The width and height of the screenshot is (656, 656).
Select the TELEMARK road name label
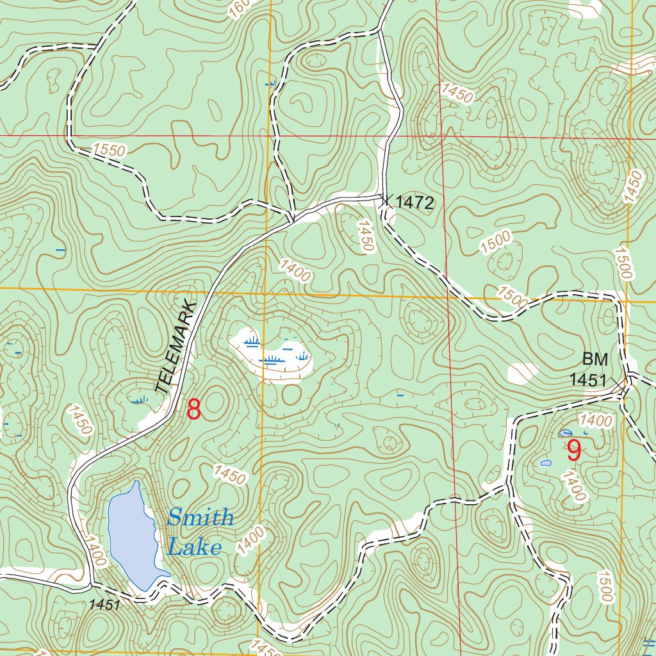174,346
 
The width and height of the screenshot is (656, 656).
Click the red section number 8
193,409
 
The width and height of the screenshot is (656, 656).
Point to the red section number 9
573,452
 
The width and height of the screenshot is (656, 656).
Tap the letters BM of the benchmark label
594,359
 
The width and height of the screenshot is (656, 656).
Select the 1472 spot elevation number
415,204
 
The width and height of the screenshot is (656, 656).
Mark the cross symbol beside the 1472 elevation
384,199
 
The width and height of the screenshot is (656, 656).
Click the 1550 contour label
110,151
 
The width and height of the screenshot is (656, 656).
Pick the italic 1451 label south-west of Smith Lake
105,604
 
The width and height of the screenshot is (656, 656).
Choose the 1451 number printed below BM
588,380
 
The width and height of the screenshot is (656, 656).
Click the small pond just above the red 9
566,433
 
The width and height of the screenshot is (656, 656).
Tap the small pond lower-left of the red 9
546,463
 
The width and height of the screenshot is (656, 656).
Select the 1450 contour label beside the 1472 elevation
366,236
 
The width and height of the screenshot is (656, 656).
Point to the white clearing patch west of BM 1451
523,372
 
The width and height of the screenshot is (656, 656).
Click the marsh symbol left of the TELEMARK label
138,400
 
